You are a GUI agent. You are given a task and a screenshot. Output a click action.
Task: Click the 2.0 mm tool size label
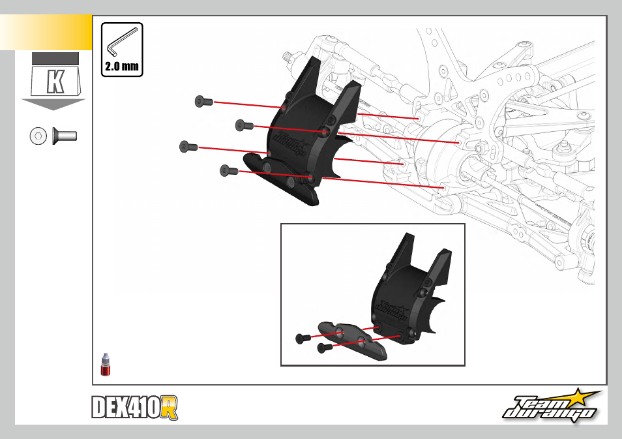click(122, 66)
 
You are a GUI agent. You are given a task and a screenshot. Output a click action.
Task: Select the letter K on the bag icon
click(55, 82)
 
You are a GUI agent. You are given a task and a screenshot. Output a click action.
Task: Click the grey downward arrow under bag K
click(53, 104)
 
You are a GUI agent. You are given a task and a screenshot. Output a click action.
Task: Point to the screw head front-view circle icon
click(38, 136)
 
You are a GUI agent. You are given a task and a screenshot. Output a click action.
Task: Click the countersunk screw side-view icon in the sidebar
click(65, 136)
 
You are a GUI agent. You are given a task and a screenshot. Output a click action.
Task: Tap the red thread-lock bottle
click(105, 365)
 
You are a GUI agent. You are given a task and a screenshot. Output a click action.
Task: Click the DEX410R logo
click(134, 408)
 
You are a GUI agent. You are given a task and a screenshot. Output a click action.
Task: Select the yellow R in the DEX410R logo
click(170, 408)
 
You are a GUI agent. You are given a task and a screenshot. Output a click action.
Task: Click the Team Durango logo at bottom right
click(552, 406)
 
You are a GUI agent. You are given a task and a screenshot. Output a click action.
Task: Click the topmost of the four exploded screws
click(204, 102)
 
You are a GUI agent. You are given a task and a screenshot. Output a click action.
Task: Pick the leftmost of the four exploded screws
click(188, 147)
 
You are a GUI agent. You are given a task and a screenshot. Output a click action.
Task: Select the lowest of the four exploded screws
click(229, 171)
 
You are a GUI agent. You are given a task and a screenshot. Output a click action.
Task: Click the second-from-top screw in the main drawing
click(244, 125)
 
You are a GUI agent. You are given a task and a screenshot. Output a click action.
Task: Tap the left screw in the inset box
click(303, 339)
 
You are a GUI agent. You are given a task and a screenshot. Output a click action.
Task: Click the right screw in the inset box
click(325, 348)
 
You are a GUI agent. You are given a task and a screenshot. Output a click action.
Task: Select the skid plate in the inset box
click(352, 340)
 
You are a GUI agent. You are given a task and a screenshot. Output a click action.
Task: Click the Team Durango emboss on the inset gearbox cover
click(391, 309)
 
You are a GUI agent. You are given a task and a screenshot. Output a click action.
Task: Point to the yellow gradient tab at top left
click(46, 33)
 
